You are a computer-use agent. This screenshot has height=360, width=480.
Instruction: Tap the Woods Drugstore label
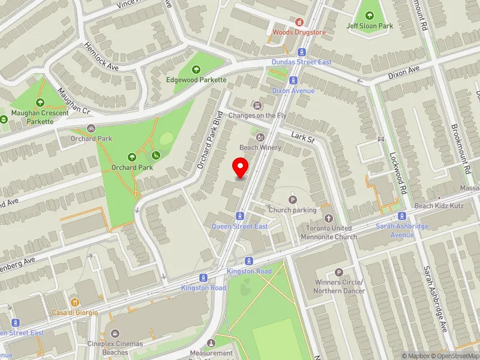299,32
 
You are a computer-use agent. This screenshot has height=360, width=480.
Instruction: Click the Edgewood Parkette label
196,80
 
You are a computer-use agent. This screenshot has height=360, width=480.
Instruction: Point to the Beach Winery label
260,147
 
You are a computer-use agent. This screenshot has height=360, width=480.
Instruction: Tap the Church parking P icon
293,200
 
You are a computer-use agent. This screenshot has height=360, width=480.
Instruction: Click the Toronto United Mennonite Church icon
328,219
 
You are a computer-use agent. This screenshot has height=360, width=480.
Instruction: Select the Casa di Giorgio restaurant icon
75,302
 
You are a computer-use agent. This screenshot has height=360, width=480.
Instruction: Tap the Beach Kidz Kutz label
440,206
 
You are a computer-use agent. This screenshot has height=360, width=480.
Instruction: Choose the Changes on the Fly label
257,115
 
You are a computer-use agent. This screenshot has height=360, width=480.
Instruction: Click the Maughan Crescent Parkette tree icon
41,103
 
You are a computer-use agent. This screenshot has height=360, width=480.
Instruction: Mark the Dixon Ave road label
404,73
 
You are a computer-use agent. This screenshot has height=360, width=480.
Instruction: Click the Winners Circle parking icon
339,272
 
